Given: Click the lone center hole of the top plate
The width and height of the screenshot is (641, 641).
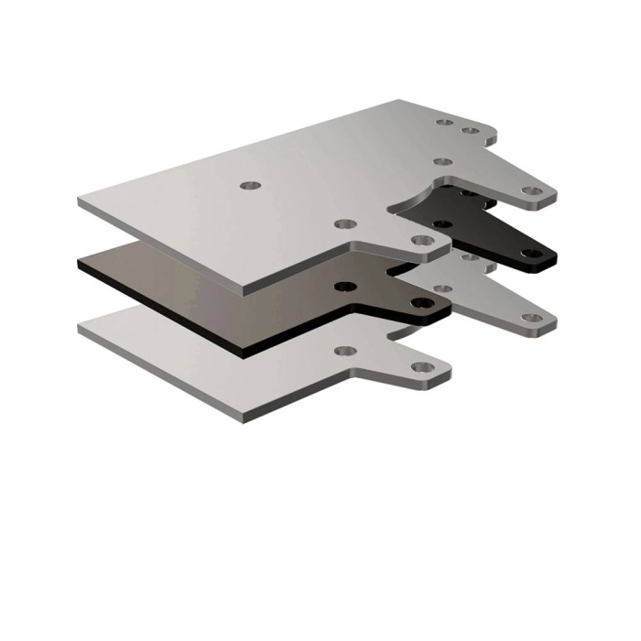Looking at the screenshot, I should (250, 185).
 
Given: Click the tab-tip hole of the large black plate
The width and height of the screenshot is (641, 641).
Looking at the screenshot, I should (421, 302).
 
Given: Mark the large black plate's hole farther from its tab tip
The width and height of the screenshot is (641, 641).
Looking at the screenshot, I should (344, 287).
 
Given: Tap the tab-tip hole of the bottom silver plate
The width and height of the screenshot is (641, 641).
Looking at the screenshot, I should (421, 367).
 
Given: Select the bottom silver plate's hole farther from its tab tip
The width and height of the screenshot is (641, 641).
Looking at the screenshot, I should (344, 351).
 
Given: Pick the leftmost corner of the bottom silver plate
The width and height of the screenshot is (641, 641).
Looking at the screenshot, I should (79, 328).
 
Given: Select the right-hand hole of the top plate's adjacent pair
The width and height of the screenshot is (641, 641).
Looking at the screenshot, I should (471, 131).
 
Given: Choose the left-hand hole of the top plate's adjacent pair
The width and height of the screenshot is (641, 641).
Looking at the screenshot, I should (445, 121).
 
